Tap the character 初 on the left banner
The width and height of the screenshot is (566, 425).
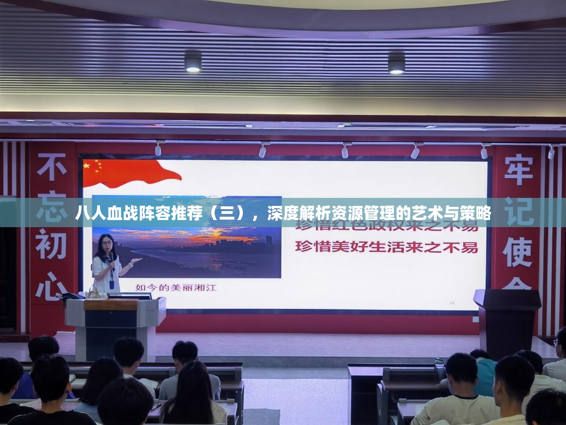coord(51,244)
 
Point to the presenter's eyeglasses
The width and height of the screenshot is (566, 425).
coord(107,244)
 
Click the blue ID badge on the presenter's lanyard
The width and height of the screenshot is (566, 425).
coord(111,285)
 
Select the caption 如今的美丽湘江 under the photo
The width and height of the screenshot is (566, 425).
coord(175,287)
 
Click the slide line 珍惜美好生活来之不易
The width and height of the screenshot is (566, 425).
coord(386,247)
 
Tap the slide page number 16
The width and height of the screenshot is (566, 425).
coord(451,303)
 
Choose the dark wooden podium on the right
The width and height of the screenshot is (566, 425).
coord(507,321)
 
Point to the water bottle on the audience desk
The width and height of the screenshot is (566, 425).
coord(439,368)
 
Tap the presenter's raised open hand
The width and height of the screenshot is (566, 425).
coord(135,261)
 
